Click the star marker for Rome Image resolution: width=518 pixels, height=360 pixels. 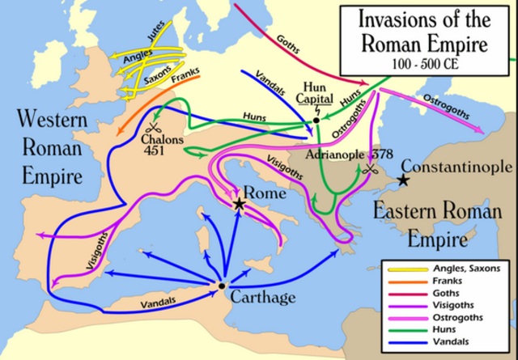tap(240, 205)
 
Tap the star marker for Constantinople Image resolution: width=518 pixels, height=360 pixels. tap(401, 182)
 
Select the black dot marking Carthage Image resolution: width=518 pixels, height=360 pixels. tap(221, 286)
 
